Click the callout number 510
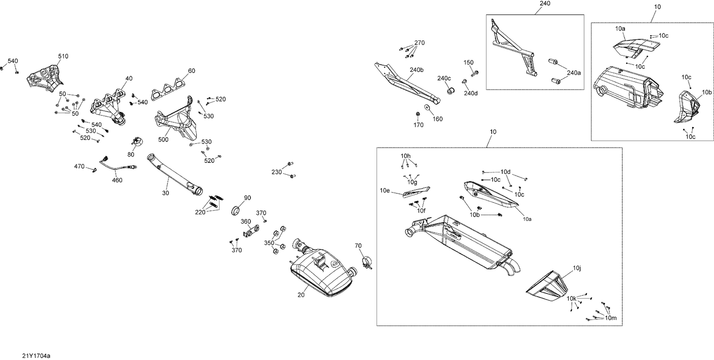[63, 56]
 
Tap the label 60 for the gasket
[191, 71]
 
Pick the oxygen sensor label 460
[117, 180]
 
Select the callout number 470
[79, 167]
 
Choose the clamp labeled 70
[367, 261]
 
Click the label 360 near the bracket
[245, 221]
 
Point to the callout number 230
[277, 171]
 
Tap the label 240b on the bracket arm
[416, 70]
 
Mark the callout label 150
[468, 62]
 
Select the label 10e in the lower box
[385, 190]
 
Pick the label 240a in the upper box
[574, 73]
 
